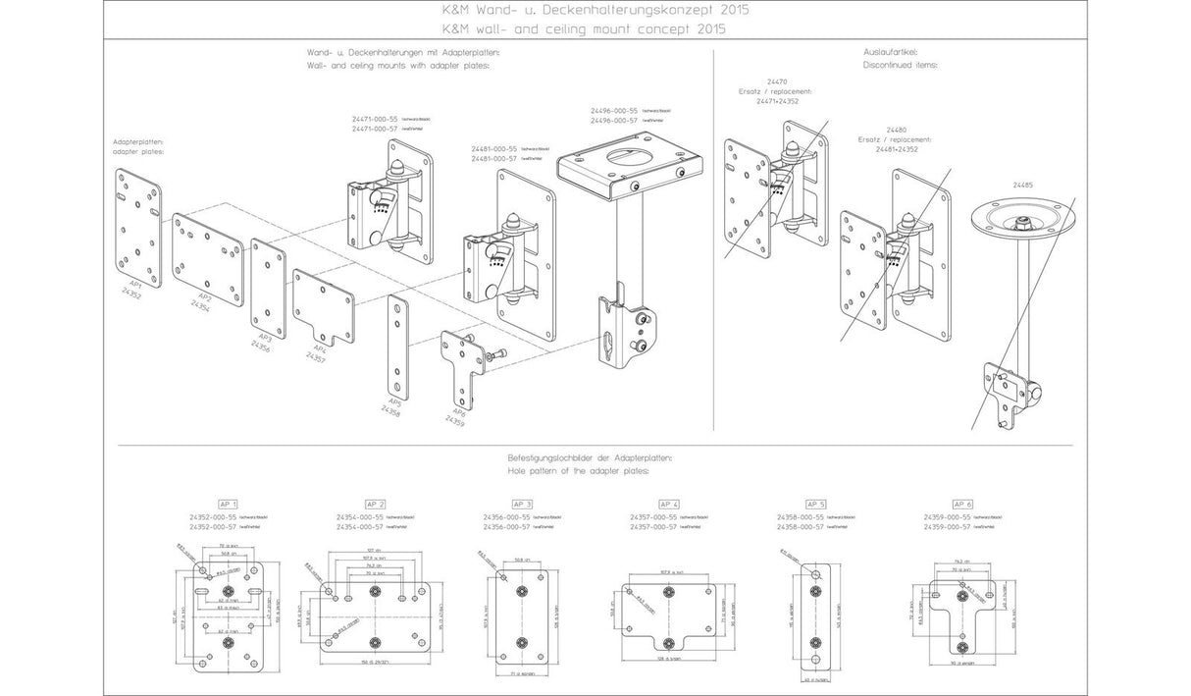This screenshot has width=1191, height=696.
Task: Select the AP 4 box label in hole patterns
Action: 668,503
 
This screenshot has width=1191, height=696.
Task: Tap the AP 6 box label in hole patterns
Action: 962,503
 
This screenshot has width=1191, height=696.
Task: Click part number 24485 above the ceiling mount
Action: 1026,183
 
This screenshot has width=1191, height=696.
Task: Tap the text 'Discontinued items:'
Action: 900,65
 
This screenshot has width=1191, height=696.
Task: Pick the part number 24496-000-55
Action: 614,111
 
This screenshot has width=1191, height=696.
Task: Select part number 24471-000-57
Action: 376,129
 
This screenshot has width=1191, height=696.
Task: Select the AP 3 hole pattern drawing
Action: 521,615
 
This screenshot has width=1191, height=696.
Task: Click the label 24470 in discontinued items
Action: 777,81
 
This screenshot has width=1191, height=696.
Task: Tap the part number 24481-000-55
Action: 493,148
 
